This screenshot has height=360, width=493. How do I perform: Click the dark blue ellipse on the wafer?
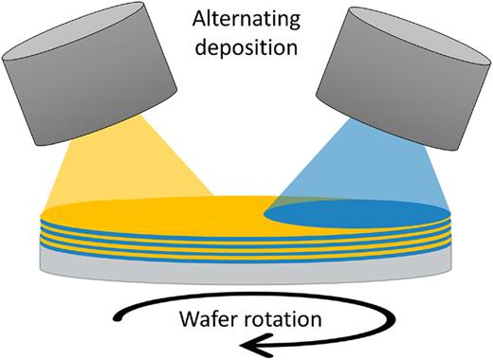point(360,213)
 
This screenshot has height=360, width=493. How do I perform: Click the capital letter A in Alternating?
point(200,18)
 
